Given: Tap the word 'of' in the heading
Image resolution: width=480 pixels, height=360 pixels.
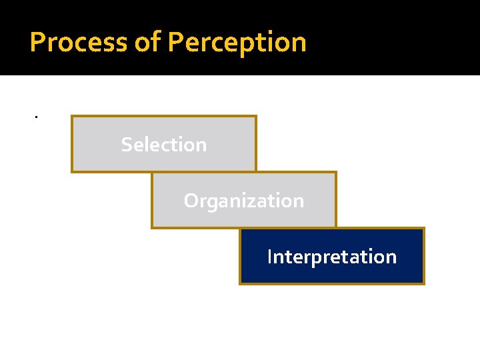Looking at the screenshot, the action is point(147,43).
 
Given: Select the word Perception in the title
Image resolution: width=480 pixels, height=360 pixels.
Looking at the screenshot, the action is point(237,43).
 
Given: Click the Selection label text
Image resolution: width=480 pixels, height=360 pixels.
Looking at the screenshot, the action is point(164,145).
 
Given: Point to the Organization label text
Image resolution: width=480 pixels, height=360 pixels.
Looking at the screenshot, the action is point(244,201).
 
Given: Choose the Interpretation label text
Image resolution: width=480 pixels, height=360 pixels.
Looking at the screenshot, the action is point(331,257).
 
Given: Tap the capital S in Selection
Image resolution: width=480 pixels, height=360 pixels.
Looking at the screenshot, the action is point(127,145).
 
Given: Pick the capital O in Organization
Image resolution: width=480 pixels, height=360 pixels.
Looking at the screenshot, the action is point(191,201).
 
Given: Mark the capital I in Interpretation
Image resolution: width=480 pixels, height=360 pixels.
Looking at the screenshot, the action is point(269,257).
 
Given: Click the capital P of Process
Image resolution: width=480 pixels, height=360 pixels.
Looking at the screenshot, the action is point(38,43).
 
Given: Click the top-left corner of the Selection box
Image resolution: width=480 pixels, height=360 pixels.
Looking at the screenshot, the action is point(72,117).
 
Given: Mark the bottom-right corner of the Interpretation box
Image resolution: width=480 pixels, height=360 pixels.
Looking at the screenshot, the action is point(424,284).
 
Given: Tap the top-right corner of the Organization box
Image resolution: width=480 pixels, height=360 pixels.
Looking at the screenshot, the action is point(336,173).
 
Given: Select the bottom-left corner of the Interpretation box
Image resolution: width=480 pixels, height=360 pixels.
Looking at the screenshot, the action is point(240,284).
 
